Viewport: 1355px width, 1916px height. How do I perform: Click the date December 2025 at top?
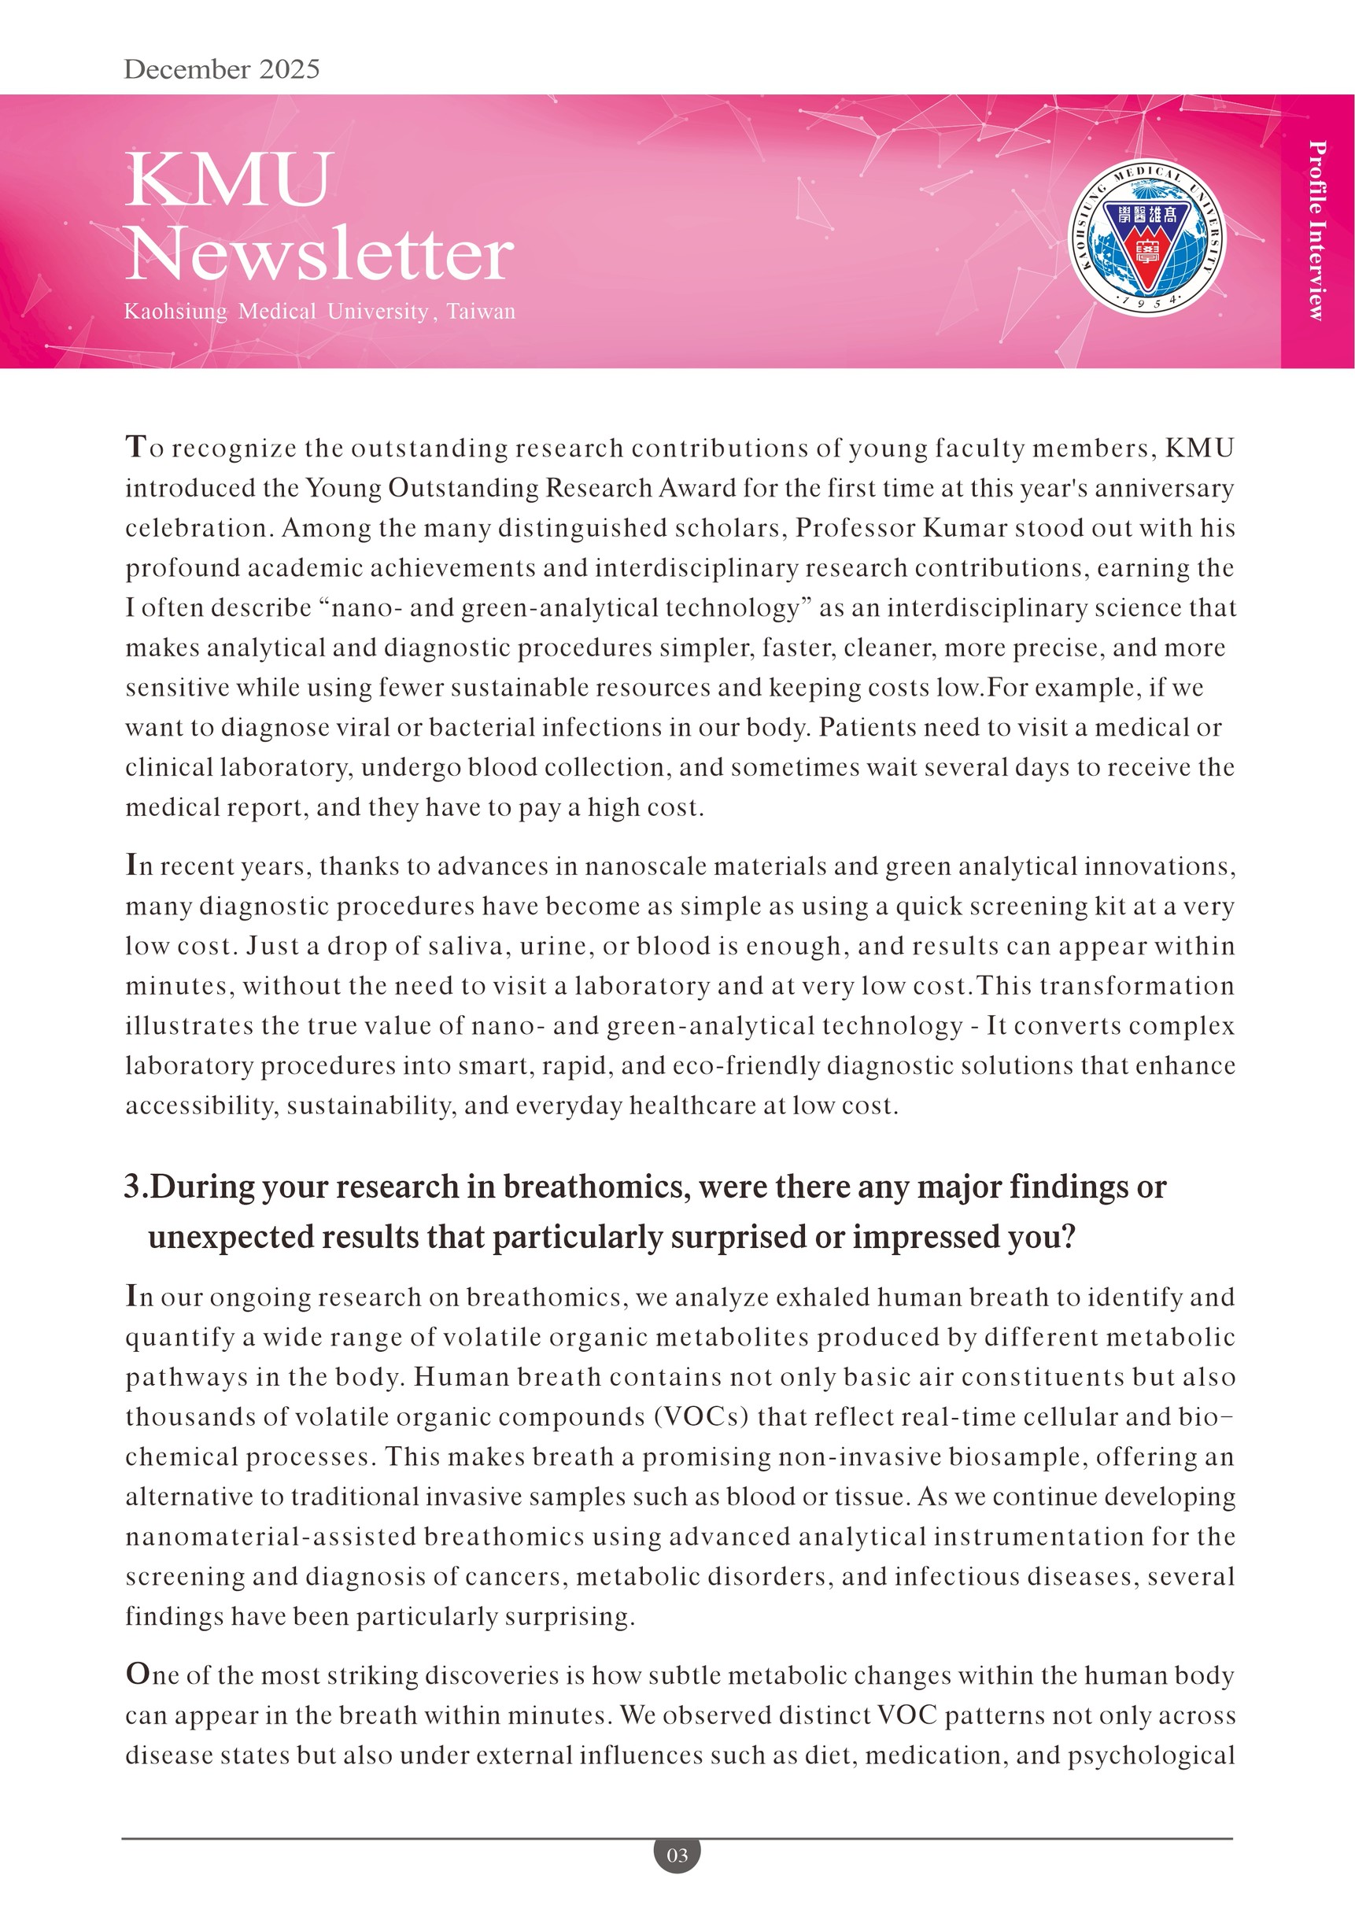pyautogui.click(x=221, y=69)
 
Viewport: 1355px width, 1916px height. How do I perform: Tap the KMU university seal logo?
pyautogui.click(x=1147, y=238)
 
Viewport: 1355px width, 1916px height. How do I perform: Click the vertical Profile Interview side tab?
pyautogui.click(x=1316, y=231)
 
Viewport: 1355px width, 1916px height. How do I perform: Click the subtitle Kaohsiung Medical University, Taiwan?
pyautogui.click(x=319, y=312)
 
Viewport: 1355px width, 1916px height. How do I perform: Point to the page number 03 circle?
pyautogui.click(x=677, y=1855)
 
